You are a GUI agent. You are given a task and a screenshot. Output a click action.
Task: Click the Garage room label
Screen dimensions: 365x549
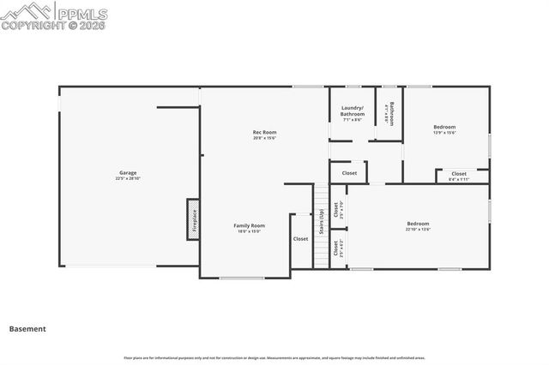pyautogui.click(x=127, y=173)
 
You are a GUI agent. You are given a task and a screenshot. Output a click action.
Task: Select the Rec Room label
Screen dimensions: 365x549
pyautogui.click(x=264, y=132)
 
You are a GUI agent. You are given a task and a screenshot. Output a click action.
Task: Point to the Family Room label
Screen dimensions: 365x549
pyautogui.click(x=249, y=225)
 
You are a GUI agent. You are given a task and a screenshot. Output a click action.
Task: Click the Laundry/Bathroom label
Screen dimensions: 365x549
pyautogui.click(x=353, y=111)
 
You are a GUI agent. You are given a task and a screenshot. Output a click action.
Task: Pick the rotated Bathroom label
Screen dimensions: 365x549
pyautogui.click(x=391, y=114)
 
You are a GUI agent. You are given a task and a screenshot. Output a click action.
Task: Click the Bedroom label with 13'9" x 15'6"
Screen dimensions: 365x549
pyautogui.click(x=444, y=127)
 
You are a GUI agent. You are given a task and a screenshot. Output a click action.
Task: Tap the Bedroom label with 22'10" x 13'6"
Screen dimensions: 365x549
pyautogui.click(x=418, y=224)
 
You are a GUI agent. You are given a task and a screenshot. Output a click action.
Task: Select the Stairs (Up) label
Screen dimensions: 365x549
pyautogui.click(x=322, y=221)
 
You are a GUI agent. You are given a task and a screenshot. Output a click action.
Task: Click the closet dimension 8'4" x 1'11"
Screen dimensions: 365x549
pyautogui.click(x=459, y=179)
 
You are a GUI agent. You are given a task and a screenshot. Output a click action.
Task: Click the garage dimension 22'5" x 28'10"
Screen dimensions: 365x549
pyautogui.click(x=127, y=178)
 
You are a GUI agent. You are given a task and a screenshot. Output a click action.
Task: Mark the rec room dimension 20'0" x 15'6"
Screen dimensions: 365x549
pyautogui.click(x=264, y=137)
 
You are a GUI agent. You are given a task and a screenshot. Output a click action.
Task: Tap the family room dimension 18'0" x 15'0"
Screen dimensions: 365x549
pyautogui.click(x=249, y=230)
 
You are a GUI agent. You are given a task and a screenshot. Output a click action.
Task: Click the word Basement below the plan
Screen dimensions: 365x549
pyautogui.click(x=27, y=328)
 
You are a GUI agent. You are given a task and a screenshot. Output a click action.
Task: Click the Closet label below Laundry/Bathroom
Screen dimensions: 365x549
pyautogui.click(x=349, y=173)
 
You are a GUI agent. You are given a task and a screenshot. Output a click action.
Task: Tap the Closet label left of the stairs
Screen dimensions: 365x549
pyautogui.click(x=300, y=239)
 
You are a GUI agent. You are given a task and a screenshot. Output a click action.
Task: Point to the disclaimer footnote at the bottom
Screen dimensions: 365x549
pyautogui.click(x=274, y=356)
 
